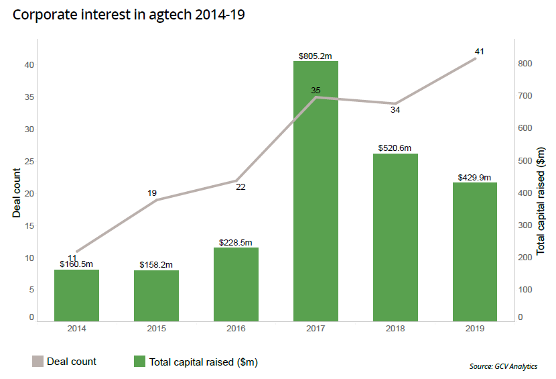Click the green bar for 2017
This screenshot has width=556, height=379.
pyautogui.click(x=316, y=191)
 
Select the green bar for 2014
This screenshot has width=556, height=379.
pyautogui.click(x=76, y=295)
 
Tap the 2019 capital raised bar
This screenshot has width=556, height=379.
pyautogui.click(x=475, y=252)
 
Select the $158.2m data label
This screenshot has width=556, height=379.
pyautogui.click(x=156, y=265)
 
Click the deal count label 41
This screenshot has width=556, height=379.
pyautogui.click(x=479, y=51)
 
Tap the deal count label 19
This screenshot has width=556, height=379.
pyautogui.click(x=152, y=193)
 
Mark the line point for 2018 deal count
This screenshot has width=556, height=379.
pyautogui.click(x=395, y=103)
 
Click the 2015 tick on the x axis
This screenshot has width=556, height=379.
pyautogui.click(x=156, y=329)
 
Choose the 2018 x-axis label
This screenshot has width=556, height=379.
pyautogui.click(x=395, y=329)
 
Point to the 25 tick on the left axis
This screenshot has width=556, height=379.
pyautogui.click(x=29, y=162)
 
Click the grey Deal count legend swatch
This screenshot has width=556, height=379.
pyautogui.click(x=38, y=362)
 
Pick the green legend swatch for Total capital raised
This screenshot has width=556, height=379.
pyautogui.click(x=139, y=362)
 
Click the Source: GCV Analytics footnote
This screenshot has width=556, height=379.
pyautogui.click(x=503, y=366)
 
